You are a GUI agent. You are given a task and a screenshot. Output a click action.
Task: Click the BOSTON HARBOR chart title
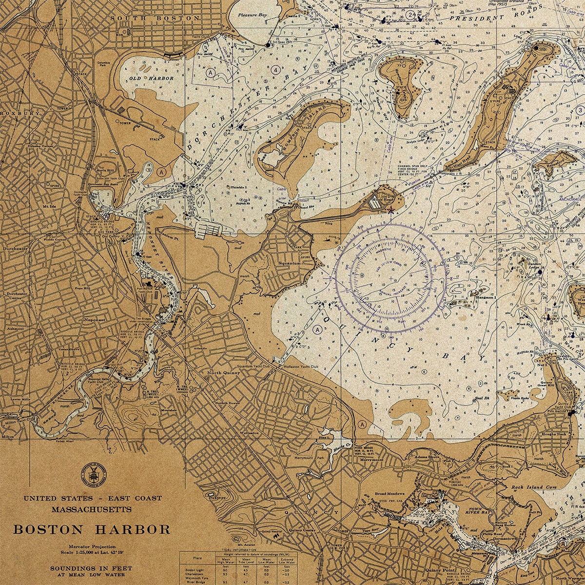[92, 529]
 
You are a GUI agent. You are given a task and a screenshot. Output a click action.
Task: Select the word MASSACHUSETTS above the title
[92, 509]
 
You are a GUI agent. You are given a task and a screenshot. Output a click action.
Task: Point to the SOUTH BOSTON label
[155, 18]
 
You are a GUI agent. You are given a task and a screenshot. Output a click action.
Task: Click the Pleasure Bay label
[253, 15]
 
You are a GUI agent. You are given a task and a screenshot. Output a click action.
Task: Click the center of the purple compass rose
[390, 278]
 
